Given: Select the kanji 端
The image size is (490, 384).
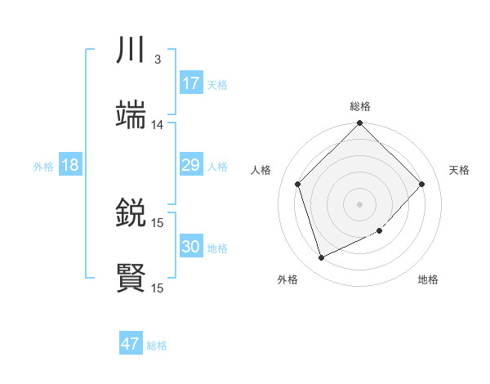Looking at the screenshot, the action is [131, 117].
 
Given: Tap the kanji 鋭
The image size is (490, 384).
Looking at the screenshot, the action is [131, 214].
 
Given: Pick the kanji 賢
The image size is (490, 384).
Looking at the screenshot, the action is [131, 279].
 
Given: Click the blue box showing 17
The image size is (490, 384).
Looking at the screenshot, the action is [191, 83].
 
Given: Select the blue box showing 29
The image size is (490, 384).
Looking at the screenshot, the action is [191, 165].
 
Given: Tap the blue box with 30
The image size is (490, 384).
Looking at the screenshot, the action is [191, 247].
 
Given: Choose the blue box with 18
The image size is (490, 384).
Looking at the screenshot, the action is [70, 165].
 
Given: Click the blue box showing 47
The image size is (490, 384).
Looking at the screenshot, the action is [131, 344].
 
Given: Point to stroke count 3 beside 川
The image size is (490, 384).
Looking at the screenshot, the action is [158, 60].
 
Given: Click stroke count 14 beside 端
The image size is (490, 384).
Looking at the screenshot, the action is [158, 125].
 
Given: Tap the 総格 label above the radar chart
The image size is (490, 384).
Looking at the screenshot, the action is [360, 107].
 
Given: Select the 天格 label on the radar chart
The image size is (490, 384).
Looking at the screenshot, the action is [460, 170].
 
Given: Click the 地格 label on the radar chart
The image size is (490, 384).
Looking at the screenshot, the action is [428, 280].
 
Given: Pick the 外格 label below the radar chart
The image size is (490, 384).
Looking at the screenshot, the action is [287, 280].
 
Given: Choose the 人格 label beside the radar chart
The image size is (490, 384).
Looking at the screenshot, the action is [261, 170].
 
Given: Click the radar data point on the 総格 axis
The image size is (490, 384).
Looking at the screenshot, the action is [360, 124].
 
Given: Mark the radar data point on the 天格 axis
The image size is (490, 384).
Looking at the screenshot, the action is [422, 184].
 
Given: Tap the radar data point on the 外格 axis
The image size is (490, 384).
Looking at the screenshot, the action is [321, 258].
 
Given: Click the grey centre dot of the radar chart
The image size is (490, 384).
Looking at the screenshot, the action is [360, 203].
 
